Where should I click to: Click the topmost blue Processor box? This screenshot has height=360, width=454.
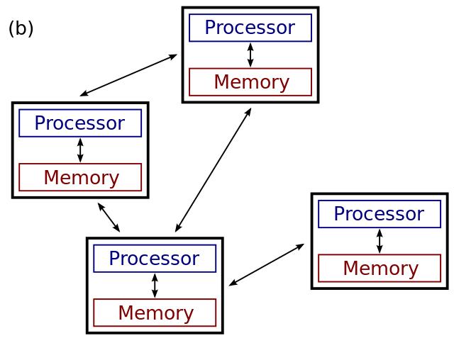250,28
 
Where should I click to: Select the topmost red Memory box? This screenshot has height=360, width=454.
250,81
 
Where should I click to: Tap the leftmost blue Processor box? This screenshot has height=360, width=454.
80,123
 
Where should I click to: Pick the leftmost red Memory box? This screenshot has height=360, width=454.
80,177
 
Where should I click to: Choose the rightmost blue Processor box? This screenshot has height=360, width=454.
380,213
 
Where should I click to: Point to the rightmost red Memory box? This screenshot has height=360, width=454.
380,268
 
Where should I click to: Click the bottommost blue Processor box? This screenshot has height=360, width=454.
155,258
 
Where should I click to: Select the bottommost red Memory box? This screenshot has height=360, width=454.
155,313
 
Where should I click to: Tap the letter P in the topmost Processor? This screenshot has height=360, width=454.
210,28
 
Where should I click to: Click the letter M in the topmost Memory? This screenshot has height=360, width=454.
221,82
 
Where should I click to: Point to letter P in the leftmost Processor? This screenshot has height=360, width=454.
40,123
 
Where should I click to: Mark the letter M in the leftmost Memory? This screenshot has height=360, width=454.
51,178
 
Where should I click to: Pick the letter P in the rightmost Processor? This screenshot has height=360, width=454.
339,214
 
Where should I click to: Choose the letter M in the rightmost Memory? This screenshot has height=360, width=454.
350,269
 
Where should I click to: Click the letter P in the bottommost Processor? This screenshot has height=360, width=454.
114,259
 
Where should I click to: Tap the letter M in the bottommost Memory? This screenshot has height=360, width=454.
126,313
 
